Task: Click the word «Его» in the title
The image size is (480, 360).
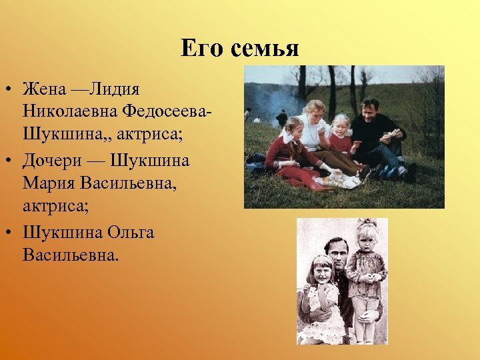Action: pos(201,49)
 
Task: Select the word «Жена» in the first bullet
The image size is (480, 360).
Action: pos(44,89)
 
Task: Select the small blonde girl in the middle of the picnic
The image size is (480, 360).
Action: pos(341,137)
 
